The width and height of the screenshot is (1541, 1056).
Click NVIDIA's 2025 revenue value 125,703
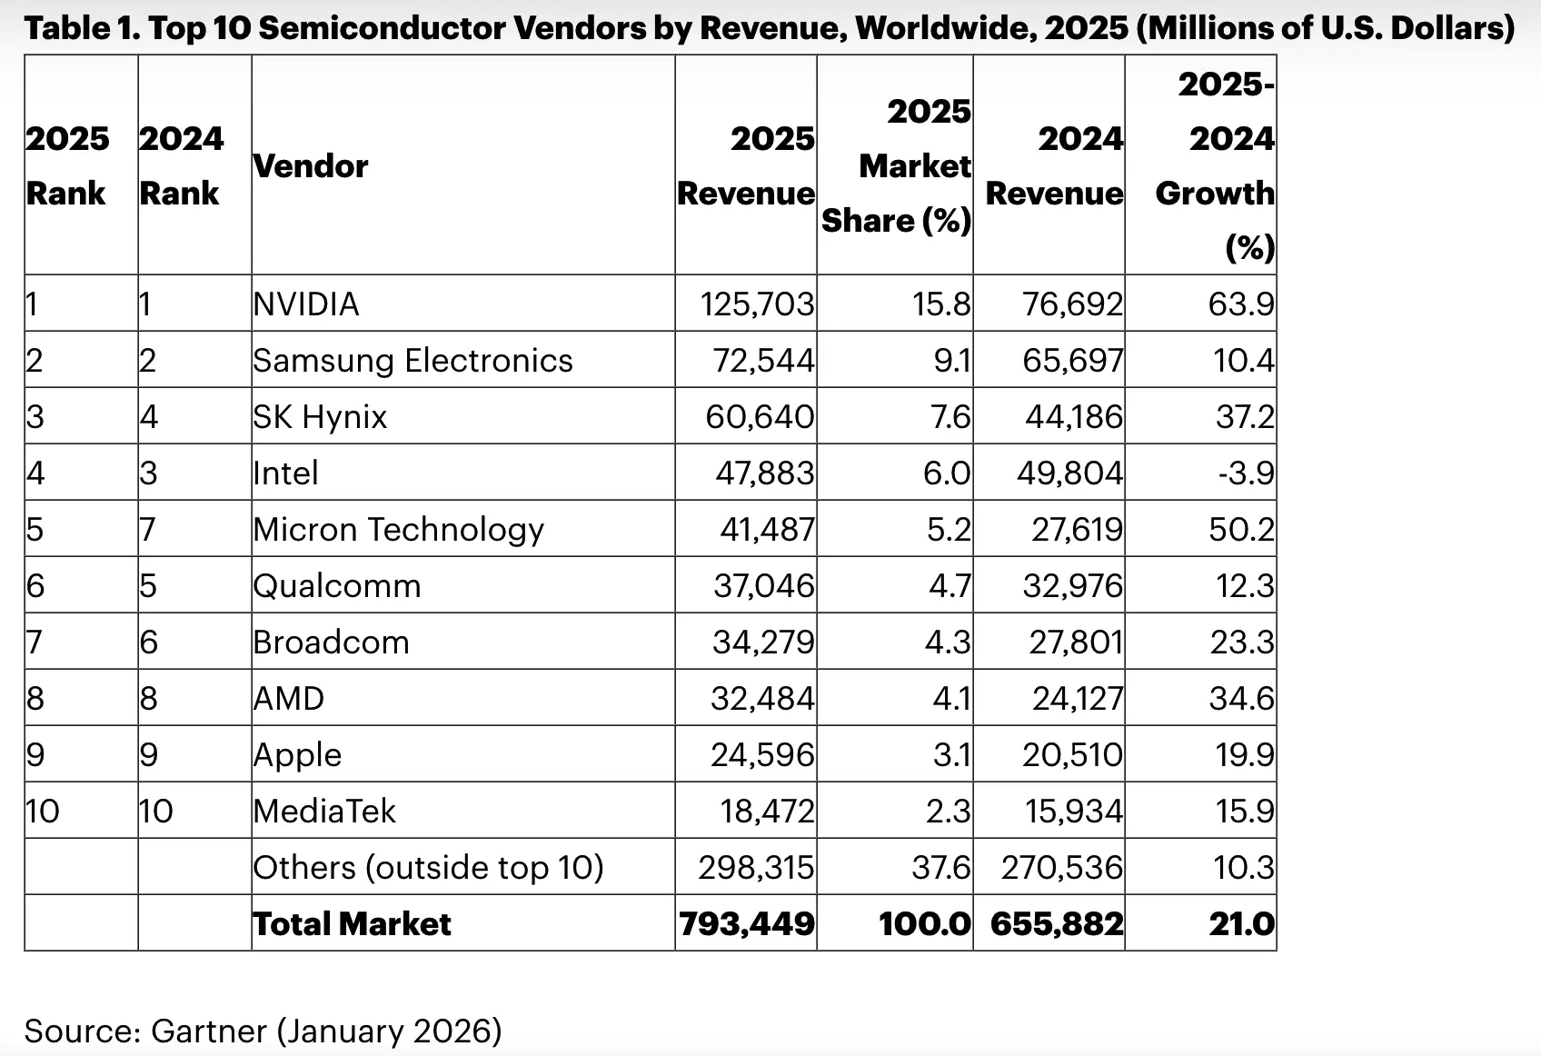click(x=757, y=304)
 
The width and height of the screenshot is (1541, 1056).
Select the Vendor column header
click(x=311, y=166)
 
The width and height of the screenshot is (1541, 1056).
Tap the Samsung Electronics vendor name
click(x=413, y=360)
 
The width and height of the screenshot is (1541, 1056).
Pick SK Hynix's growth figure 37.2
click(x=1245, y=416)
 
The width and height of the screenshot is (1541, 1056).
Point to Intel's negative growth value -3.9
click(x=1246, y=473)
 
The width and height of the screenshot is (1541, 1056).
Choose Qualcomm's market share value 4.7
click(x=949, y=585)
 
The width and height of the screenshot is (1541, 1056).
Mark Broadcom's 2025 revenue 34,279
click(x=763, y=642)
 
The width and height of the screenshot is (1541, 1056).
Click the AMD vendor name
click(x=288, y=698)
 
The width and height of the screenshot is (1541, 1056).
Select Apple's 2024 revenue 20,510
click(x=1072, y=754)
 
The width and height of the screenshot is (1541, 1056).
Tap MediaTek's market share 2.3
click(x=949, y=811)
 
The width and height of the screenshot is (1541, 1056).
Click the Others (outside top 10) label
click(x=428, y=867)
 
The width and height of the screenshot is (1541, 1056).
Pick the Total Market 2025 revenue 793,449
click(x=747, y=923)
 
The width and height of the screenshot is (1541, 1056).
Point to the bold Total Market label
click(x=352, y=923)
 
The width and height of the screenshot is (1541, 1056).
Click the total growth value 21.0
click(x=1241, y=923)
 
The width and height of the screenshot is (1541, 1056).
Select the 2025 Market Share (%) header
click(x=897, y=166)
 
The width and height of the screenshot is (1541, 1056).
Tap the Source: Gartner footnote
click(x=263, y=1031)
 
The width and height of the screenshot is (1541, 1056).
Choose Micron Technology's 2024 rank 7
click(x=148, y=529)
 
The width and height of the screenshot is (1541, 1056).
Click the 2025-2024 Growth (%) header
click(x=1216, y=166)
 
